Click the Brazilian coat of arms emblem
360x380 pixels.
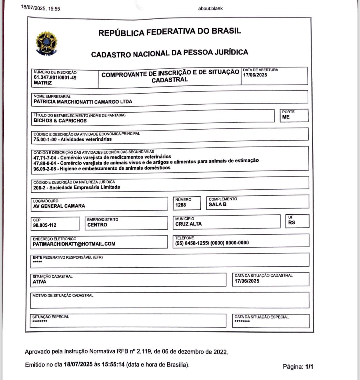pyautogui.click(x=46, y=43)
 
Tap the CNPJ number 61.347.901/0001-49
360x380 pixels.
pyautogui.click(x=55, y=78)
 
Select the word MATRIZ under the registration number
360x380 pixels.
pyautogui.click(x=43, y=83)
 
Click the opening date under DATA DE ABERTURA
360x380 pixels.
pyautogui.click(x=255, y=75)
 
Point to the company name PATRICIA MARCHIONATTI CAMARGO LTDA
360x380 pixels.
pyautogui.click(x=83, y=102)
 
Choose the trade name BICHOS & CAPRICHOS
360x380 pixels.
pyautogui.click(x=60, y=121)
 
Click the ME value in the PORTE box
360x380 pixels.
pyautogui.click(x=286, y=117)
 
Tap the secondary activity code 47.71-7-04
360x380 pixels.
pyautogui.click(x=46, y=158)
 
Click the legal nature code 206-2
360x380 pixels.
pyautogui.click(x=40, y=187)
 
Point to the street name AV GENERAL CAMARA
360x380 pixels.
pyautogui.click(x=59, y=206)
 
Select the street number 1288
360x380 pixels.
pyautogui.click(x=181, y=205)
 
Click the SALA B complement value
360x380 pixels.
pyautogui.click(x=218, y=204)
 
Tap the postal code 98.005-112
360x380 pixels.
pyautogui.click(x=45, y=225)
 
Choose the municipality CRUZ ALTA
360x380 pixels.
pyautogui.click(x=189, y=224)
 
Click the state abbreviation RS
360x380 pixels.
pyautogui.click(x=292, y=222)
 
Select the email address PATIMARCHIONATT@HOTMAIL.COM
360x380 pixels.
pyautogui.click(x=74, y=244)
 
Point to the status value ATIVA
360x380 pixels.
pyautogui.click(x=39, y=282)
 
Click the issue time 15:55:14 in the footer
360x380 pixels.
pyautogui.click(x=113, y=365)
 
